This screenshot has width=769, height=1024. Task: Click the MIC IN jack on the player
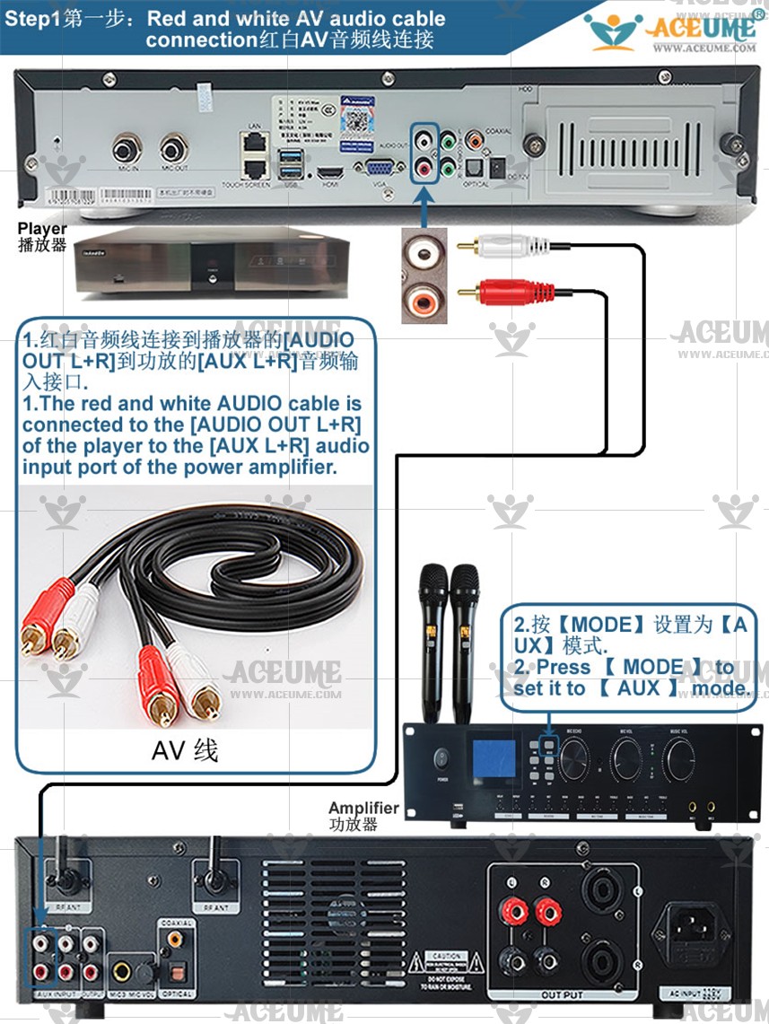127,147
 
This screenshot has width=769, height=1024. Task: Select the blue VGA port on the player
378,166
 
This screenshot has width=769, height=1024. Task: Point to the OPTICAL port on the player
476,166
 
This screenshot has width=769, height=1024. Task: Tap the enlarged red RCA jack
423,296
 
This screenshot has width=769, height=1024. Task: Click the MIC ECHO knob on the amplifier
574,763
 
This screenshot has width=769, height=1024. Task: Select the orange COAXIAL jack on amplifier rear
174,939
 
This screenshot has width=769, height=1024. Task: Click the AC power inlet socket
697,927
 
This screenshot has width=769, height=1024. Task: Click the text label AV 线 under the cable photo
184,749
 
